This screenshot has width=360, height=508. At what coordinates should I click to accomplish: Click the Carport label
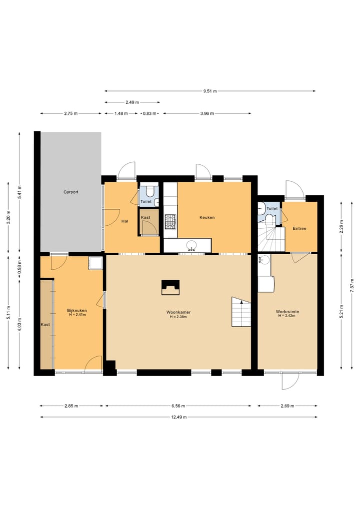(70, 192)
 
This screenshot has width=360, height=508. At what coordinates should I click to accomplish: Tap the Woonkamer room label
(178, 312)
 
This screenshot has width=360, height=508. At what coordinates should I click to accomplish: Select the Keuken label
(207, 217)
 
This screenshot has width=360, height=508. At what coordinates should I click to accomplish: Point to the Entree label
(299, 228)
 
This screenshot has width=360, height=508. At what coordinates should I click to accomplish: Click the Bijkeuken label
(77, 310)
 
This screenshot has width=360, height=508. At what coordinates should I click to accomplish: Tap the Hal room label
(124, 221)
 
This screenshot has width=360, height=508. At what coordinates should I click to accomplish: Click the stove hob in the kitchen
(170, 222)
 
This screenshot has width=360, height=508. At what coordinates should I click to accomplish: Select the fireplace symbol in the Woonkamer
(170, 287)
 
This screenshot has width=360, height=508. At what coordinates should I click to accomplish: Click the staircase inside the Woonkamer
(241, 312)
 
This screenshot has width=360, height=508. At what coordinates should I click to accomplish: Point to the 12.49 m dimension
(178, 417)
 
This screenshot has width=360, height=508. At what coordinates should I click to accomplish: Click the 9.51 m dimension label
(210, 91)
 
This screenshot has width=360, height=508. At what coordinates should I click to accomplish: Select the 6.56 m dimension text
(178, 406)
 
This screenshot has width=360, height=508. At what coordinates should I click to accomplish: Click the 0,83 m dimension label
(149, 113)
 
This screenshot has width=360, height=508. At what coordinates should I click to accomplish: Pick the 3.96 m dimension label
(207, 113)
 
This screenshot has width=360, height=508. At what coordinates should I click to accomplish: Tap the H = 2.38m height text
(178, 317)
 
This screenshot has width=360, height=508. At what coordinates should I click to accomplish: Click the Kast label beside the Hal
(145, 217)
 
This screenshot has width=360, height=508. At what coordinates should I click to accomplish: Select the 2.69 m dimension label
(287, 406)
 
